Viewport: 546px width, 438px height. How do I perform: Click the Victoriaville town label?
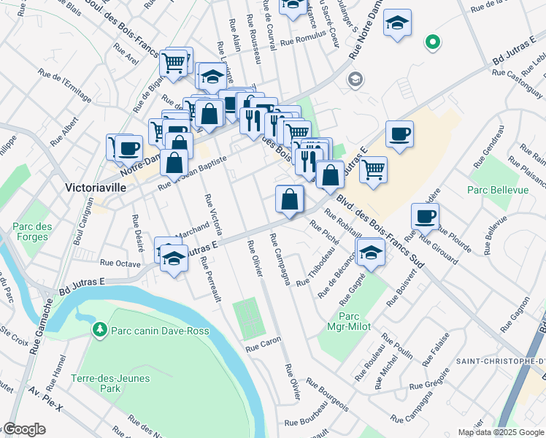[96, 187]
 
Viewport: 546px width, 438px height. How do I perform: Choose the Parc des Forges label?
[32, 232]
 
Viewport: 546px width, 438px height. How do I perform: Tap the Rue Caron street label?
[264, 343]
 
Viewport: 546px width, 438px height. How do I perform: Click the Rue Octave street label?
[120, 261]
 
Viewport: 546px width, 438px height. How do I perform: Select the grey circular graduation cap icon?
[355, 79]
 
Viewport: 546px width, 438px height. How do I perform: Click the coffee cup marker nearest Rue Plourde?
[425, 216]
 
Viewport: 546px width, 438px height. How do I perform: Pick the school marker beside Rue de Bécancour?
[372, 254]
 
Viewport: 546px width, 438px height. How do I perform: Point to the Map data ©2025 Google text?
[501, 432]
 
